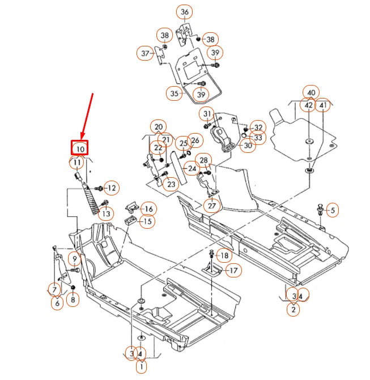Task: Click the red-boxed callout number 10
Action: (80, 148)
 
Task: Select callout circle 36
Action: (185, 12)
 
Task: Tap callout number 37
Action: (144, 53)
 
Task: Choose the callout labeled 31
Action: (206, 114)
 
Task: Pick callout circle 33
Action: (258, 138)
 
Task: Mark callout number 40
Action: (311, 92)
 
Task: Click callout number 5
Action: (333, 211)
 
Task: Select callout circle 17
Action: (233, 271)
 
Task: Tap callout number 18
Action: (224, 255)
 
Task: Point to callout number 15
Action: (147, 221)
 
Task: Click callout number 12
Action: (110, 187)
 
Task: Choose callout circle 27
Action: (212, 206)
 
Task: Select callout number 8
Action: (73, 300)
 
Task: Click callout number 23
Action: (169, 183)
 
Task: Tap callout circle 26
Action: (194, 140)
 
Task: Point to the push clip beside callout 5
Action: (321, 211)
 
